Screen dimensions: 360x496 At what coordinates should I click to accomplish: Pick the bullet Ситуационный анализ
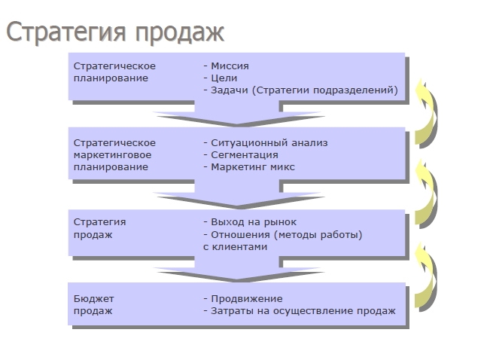pyautogui.click(x=269, y=142)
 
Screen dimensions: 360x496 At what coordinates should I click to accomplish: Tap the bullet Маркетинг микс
pyautogui.click(x=252, y=166)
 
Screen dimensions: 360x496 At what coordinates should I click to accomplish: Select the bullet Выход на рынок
pyautogui.click(x=254, y=222)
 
